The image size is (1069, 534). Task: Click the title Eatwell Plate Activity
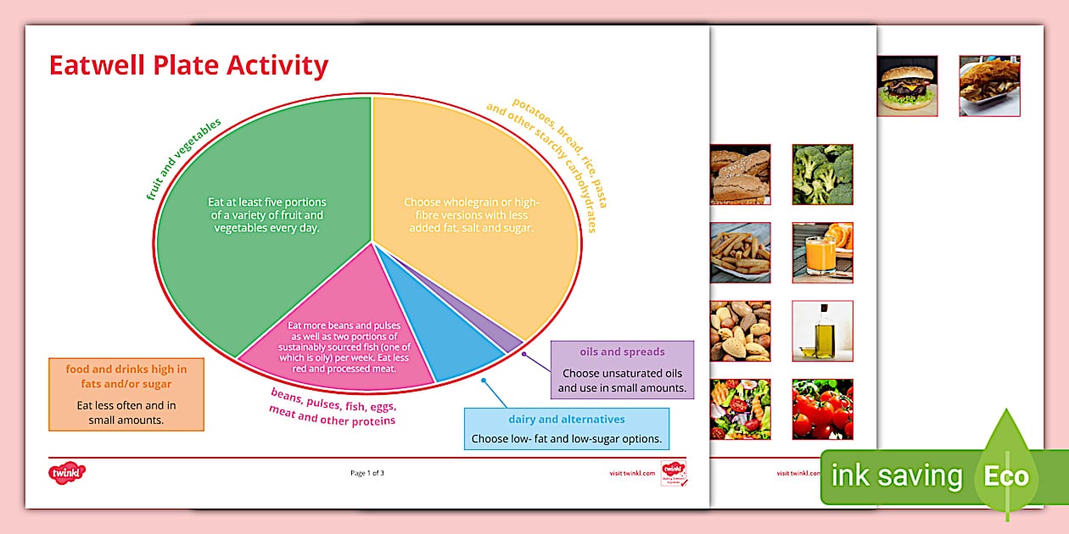coord(188,65)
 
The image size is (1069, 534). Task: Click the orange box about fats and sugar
coord(126,394)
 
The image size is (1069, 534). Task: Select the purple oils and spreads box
coord(622,370)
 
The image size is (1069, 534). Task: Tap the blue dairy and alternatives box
coord(567,429)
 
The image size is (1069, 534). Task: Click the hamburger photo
coord(907,86)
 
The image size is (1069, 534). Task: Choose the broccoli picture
coord(822,174)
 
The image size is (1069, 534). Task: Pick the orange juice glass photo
coord(822,253)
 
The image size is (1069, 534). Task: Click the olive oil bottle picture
coord(822,331)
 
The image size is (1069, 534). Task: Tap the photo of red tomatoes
coord(822,409)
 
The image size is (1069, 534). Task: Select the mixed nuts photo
coord(741,331)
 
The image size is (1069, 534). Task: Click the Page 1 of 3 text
coord(367,473)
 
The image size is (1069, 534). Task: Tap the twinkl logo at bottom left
coord(67,472)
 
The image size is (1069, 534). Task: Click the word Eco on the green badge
coord(1006,476)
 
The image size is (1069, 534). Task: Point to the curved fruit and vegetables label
coord(184,159)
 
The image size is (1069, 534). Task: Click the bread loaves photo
coord(741,174)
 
